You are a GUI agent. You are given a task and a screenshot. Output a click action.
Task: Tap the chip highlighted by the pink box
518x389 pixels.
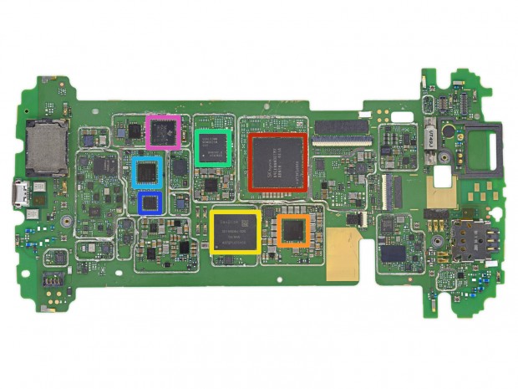pyautogui.click(x=162, y=131)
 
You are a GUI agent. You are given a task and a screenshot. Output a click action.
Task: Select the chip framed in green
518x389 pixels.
pyautogui.click(x=212, y=147)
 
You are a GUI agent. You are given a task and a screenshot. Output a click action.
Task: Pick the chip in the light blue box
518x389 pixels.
pyautogui.click(x=147, y=172)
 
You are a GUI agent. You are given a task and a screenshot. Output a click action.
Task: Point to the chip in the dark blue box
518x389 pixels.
pyautogui.click(x=150, y=202)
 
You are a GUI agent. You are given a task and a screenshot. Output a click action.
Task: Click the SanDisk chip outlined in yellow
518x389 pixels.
pyautogui.click(x=235, y=232)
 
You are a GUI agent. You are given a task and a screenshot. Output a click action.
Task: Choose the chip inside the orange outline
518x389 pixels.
pyautogui.click(x=293, y=230)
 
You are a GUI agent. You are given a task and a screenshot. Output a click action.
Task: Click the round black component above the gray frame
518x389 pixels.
pyautogui.click(x=449, y=131)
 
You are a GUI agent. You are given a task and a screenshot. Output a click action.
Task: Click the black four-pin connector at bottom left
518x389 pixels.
pyautogui.click(x=53, y=279)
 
